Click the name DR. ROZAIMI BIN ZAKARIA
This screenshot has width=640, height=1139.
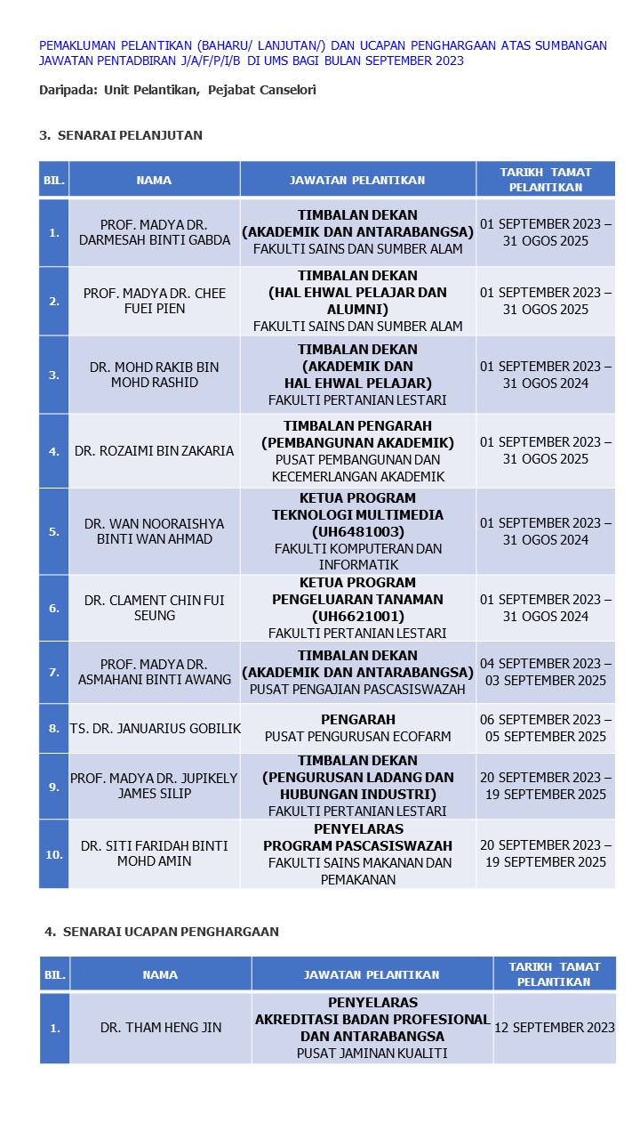(x=155, y=451)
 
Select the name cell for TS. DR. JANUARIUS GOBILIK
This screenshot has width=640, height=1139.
(x=155, y=729)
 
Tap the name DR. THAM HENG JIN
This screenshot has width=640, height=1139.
(x=161, y=1028)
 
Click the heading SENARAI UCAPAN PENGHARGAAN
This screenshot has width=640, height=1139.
(x=170, y=932)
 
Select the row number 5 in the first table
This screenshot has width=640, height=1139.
(x=54, y=531)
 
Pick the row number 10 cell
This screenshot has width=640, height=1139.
(x=54, y=854)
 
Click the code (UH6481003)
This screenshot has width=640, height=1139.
(x=357, y=532)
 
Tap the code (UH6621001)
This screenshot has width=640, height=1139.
(x=357, y=616)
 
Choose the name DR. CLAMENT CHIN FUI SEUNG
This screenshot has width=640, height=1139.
(x=155, y=608)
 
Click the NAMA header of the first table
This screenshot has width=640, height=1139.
(x=155, y=180)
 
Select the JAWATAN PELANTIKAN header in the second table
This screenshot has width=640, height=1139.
(x=372, y=974)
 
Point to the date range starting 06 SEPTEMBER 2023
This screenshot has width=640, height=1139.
(x=546, y=728)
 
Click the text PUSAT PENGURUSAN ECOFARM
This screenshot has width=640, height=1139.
(x=357, y=737)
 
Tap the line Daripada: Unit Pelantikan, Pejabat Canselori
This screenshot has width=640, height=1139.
(x=178, y=90)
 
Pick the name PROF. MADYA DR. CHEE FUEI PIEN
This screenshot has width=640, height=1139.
(x=155, y=301)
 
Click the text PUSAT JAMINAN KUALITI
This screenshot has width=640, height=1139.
(x=372, y=1054)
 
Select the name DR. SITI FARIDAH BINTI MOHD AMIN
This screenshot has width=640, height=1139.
(x=155, y=854)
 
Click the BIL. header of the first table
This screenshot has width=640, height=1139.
(x=54, y=180)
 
